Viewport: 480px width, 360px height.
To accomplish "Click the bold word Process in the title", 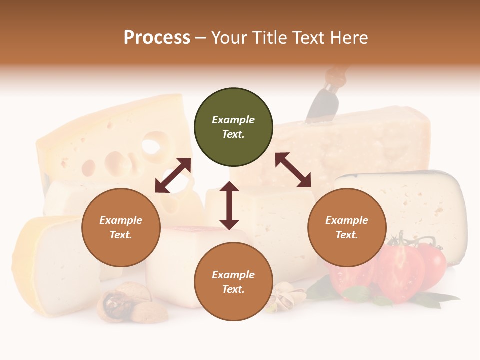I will point(157,38).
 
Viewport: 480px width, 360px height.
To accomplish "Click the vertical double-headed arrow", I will point(229,205).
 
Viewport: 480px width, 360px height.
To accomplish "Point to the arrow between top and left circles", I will point(173,175).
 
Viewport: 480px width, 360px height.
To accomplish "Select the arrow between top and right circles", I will point(293,170).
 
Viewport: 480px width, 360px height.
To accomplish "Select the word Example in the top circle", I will point(233,120).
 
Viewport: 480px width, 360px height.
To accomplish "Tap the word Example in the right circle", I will point(347,220).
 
